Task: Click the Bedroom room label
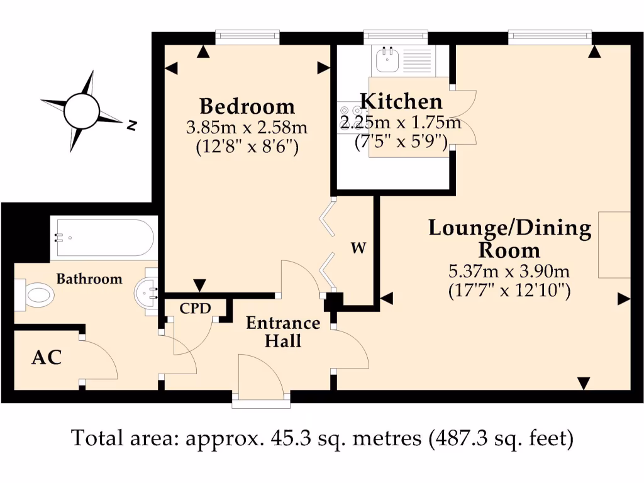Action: pos(247,106)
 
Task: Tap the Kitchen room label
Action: pos(401,101)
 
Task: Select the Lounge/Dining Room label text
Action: pos(509,238)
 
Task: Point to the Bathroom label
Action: pos(89,279)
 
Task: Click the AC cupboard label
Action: pos(47,358)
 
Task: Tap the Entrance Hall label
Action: pos(283,331)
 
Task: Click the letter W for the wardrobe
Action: pos(358,248)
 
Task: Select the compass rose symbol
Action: pos(82,111)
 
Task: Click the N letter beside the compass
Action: pos(132,126)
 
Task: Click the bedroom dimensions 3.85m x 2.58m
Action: pos(247,128)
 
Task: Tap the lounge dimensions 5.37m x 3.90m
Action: pos(509,272)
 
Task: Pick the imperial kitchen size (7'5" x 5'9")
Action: pos(401,142)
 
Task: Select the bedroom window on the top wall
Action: pos(247,37)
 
